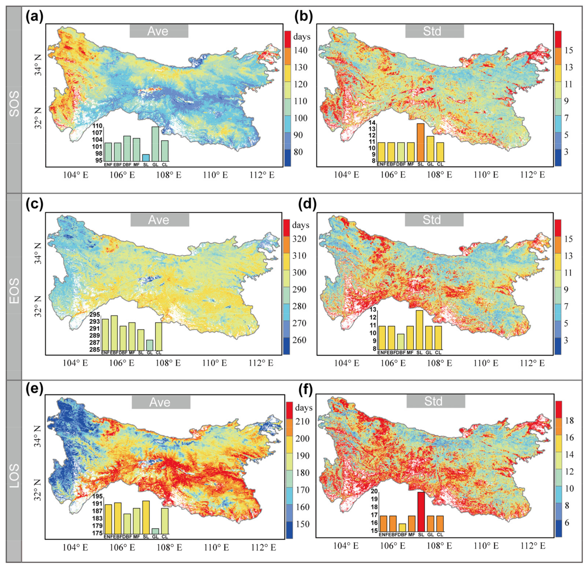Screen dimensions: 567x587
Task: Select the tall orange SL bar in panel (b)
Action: (421, 143)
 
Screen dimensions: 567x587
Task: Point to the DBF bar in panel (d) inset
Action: (401, 342)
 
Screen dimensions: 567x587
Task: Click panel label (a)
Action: (34, 17)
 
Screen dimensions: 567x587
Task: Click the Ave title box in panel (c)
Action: (160, 220)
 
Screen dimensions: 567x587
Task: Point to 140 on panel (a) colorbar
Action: (300, 50)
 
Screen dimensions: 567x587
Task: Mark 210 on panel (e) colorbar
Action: (302, 421)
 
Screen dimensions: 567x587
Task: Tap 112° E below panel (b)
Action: (532, 175)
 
